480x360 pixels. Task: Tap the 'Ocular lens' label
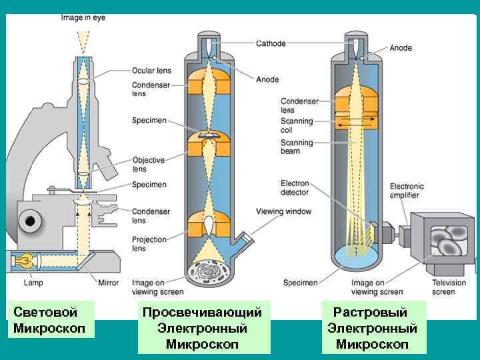point(151,70)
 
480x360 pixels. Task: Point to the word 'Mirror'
point(107,283)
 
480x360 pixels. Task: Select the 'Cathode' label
point(271,43)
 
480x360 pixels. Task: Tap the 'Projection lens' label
point(149,243)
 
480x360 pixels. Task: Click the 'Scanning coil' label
point(296,126)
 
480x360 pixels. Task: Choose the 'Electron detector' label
point(294,187)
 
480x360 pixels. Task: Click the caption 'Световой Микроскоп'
point(46,319)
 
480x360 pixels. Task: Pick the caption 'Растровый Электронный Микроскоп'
point(372,328)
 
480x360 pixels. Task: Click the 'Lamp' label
point(33,283)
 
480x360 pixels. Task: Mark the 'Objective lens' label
point(148,165)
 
